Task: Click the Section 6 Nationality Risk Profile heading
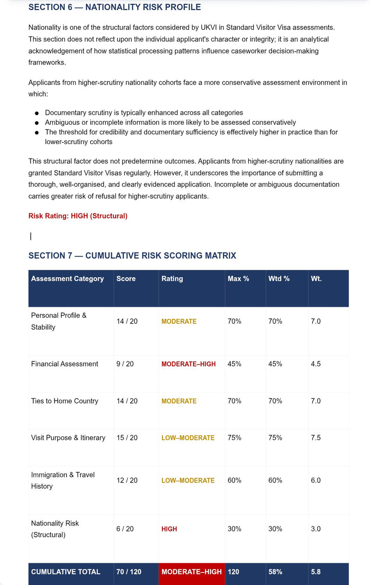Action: pos(115,7)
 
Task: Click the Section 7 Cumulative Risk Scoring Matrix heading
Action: pos(132,256)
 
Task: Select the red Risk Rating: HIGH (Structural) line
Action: pos(78,216)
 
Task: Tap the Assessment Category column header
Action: pos(68,279)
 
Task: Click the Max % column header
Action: pos(238,279)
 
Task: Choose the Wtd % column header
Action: pos(279,279)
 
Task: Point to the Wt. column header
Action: pos(316,279)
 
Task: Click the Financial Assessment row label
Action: pos(65,364)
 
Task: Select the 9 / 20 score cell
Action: pos(125,364)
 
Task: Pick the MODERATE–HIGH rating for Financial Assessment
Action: pos(188,364)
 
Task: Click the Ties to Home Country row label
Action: pos(65,401)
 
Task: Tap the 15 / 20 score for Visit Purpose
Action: pos(127,438)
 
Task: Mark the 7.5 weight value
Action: pos(315,438)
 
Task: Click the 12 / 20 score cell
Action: pos(127,481)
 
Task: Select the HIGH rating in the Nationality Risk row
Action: pos(169,529)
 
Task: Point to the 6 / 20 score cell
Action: pos(125,529)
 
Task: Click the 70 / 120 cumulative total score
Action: pos(129,572)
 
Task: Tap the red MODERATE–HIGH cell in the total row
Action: pos(191,572)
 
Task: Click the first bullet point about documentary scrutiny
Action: pos(144,113)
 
